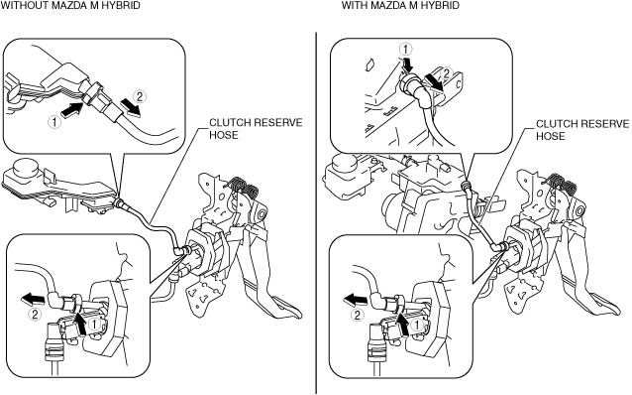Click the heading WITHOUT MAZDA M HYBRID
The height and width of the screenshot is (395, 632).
pyautogui.click(x=70, y=5)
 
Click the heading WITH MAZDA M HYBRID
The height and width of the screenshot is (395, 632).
pyautogui.click(x=400, y=5)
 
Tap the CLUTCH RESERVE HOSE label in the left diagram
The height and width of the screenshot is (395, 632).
pyautogui.click(x=256, y=128)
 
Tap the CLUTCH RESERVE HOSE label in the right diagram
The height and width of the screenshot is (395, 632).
pyautogui.click(x=582, y=130)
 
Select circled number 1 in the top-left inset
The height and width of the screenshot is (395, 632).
pyautogui.click(x=53, y=122)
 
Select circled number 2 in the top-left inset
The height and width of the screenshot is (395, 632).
pyautogui.click(x=140, y=96)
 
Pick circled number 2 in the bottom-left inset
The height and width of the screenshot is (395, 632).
pyautogui.click(x=35, y=315)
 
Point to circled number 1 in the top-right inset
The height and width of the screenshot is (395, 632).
pyautogui.click(x=405, y=50)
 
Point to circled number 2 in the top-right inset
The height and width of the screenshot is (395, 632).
pyautogui.click(x=446, y=73)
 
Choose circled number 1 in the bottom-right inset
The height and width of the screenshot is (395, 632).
pyautogui.click(x=417, y=324)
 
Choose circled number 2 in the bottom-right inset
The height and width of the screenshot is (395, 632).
pyautogui.click(x=358, y=315)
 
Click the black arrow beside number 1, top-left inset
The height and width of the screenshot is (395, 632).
pyautogui.click(x=72, y=110)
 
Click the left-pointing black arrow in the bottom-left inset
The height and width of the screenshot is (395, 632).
pyautogui.click(x=33, y=299)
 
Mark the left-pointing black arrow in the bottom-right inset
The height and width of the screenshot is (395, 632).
pyautogui.click(x=355, y=300)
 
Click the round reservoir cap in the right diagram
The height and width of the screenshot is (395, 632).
pyautogui.click(x=344, y=164)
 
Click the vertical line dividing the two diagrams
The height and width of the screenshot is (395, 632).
pyautogui.click(x=316, y=212)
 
